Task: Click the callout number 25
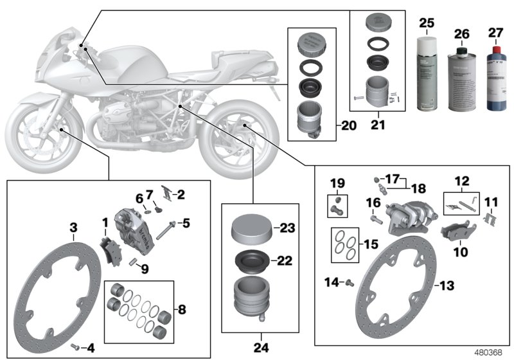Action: (425, 23)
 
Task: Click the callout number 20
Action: (348, 126)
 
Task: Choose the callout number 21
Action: (377, 122)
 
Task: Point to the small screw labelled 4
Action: (75, 346)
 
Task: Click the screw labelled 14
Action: (351, 282)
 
